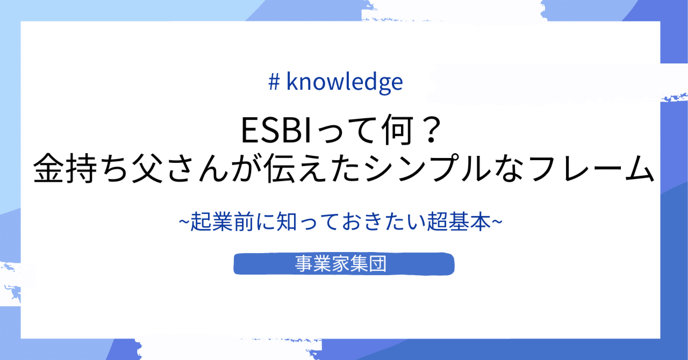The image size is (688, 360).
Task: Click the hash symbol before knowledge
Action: [x=274, y=82]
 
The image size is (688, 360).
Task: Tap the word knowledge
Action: [x=345, y=82]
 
